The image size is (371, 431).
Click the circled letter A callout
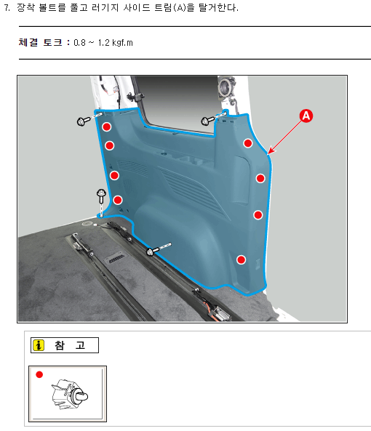[306, 116]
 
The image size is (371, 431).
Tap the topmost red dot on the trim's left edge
[107, 126]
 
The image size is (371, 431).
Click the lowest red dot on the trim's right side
[242, 259]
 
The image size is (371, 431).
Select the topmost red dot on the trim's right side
[248, 143]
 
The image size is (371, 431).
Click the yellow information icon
[39, 345]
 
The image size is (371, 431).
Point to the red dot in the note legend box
[39, 374]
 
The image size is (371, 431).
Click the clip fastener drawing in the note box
[69, 395]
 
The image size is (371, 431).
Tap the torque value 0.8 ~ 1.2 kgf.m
[103, 43]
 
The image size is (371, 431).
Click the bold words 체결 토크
[41, 43]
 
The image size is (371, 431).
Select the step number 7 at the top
[7, 7]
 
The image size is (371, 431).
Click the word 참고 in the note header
[70, 345]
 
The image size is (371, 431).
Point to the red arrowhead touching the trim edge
[271, 150]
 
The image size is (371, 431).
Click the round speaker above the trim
[227, 87]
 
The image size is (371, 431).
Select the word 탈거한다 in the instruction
[218, 7]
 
